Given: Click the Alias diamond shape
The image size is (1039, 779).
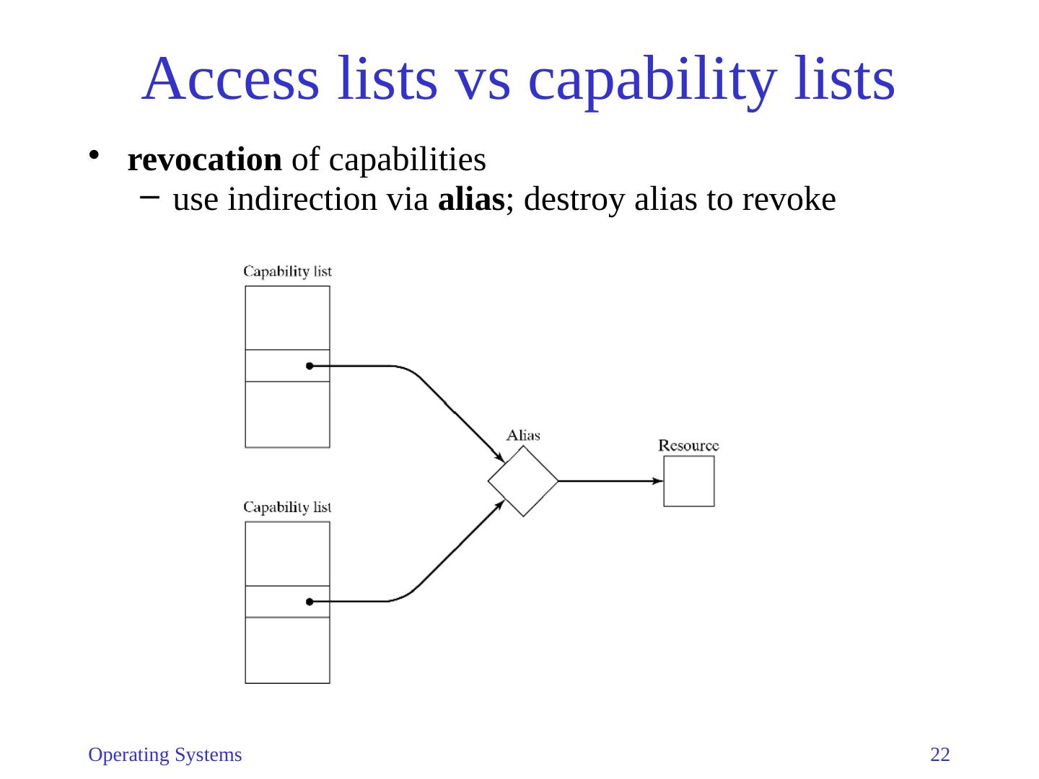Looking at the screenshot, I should tap(523, 481).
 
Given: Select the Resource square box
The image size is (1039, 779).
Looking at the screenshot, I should tap(688, 481).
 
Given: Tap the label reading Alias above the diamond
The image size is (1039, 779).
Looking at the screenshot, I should tap(523, 435).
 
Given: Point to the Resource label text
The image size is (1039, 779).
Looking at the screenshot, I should tap(688, 446).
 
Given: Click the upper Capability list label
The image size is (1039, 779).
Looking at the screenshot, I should tap(287, 272).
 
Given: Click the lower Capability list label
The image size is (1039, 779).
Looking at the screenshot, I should tap(287, 507).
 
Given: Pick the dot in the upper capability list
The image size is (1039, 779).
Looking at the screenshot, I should tap(310, 366).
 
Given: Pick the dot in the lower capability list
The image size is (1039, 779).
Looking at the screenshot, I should tap(310, 602).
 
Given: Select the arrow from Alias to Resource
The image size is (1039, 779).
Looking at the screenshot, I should tap(610, 481).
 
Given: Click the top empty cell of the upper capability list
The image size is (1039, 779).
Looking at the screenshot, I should tap(287, 318).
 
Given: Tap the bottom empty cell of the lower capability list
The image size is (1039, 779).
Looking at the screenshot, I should tap(287, 650).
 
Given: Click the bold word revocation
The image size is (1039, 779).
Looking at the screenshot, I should tap(204, 160).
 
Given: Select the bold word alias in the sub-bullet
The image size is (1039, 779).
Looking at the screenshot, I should tap(470, 200).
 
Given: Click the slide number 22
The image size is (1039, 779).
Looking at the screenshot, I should tap(940, 754).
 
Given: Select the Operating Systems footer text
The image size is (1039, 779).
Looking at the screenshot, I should tap(165, 754).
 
